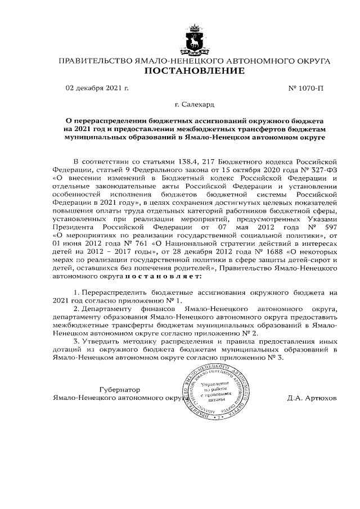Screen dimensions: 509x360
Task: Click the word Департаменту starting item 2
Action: point(107,309)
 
